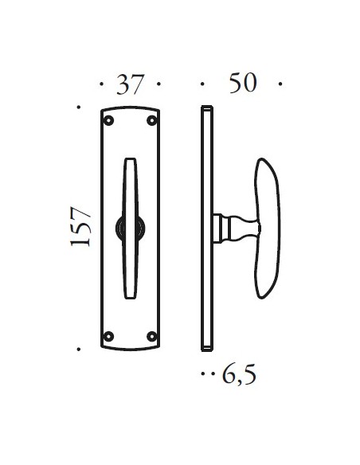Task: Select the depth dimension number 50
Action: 242,83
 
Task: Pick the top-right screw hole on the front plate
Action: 151,121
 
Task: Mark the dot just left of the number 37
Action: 101,84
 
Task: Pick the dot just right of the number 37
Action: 160,84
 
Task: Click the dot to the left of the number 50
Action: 202,84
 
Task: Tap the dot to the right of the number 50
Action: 283,84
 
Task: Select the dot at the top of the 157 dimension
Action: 78,106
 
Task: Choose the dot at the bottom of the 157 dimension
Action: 78,349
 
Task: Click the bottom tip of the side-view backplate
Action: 205,349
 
